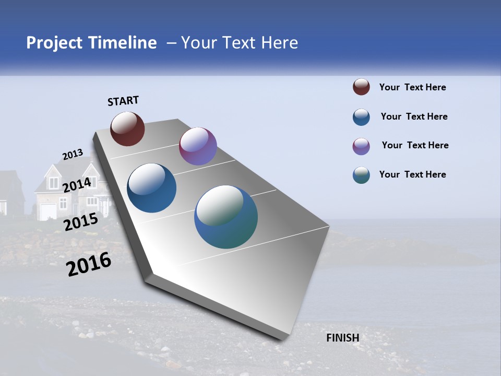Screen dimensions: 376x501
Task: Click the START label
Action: coord(123,101)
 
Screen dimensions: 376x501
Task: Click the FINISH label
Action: coord(342,338)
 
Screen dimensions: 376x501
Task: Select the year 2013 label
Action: coord(73,155)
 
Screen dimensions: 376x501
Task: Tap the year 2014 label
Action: coord(77,185)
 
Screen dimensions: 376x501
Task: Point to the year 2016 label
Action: coord(89,264)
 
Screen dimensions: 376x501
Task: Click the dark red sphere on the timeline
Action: coord(127,129)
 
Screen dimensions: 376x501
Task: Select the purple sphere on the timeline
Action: coord(198,146)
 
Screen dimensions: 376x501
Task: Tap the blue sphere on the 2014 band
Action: coord(152,188)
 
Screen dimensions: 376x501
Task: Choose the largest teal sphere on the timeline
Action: coord(226,216)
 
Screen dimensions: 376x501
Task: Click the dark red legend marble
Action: coord(361,87)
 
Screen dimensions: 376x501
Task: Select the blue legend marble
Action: coord(361,117)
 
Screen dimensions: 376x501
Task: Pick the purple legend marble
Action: coord(361,146)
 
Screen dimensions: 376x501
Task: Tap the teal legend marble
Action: coord(361,175)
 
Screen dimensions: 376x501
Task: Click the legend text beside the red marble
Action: coord(412,87)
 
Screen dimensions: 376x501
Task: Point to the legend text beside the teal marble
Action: coord(412,174)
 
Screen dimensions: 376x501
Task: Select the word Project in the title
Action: coord(55,43)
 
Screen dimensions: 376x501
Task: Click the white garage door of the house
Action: coord(48,211)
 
